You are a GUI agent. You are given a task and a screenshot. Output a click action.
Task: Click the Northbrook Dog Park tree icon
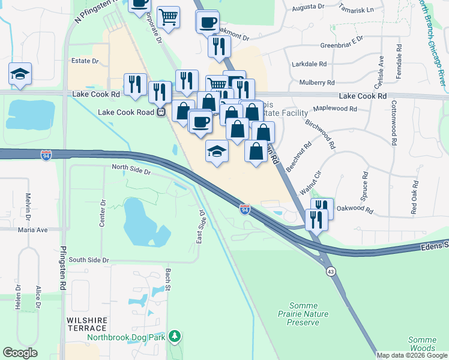175,336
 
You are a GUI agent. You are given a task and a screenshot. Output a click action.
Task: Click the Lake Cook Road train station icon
160,112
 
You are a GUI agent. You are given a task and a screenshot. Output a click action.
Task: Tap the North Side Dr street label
131,171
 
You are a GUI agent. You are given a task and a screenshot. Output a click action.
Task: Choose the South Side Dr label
89,260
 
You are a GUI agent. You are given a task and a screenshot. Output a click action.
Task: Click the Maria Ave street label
32,230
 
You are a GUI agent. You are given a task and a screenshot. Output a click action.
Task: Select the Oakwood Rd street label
355,211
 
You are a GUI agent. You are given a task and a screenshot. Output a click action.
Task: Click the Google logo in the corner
20,352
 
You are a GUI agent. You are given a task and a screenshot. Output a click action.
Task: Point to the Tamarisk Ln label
356,10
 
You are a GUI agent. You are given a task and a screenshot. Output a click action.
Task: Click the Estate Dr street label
85,61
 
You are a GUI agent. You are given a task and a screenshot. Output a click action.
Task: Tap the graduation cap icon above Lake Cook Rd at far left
20,74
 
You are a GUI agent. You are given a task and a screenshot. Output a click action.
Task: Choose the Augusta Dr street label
308,8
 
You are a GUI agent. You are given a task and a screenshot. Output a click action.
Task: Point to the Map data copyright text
412,355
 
